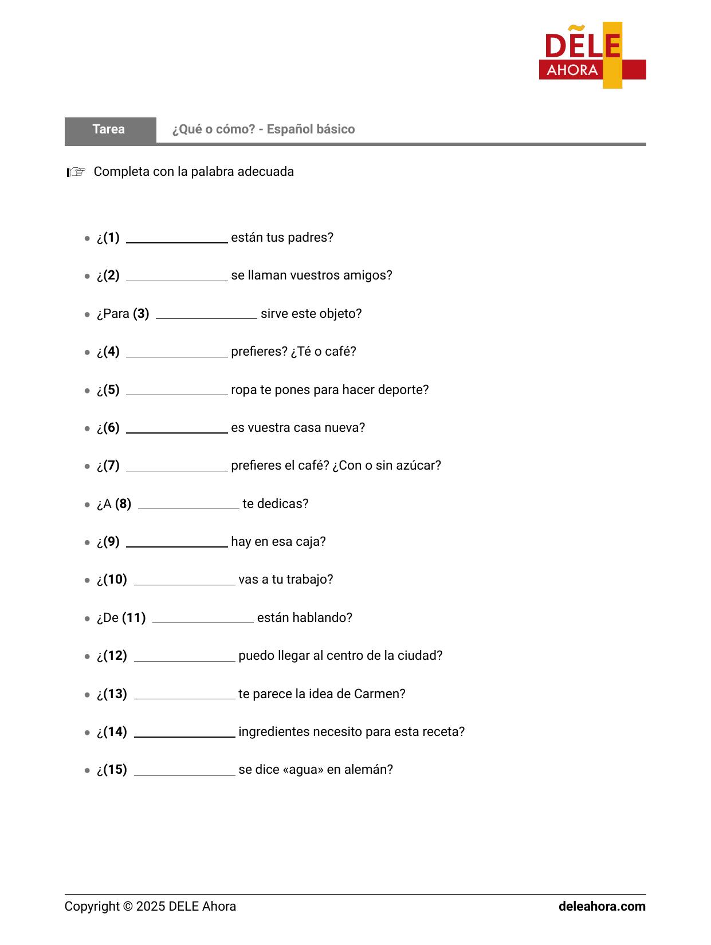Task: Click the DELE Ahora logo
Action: tap(592, 56)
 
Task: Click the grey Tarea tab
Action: tap(109, 129)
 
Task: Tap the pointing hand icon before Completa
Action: tap(76, 172)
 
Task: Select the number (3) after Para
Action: tap(141, 314)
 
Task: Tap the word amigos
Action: tap(370, 275)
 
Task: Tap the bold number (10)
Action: tap(115, 580)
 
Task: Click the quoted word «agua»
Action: tap(303, 770)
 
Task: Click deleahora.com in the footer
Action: tap(602, 907)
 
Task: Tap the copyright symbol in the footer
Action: tap(127, 907)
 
